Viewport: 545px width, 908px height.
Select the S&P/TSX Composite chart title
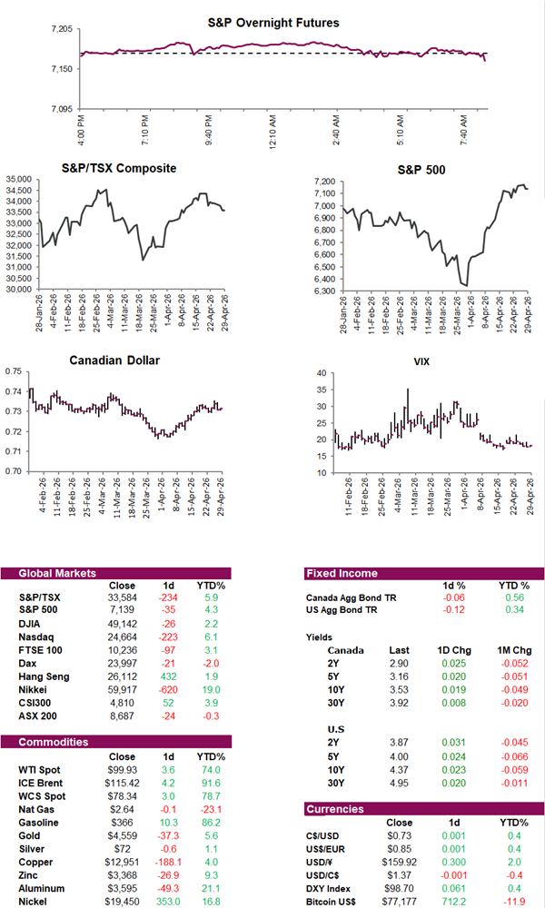click(x=119, y=168)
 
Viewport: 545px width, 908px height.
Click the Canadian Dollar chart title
click(x=114, y=360)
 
